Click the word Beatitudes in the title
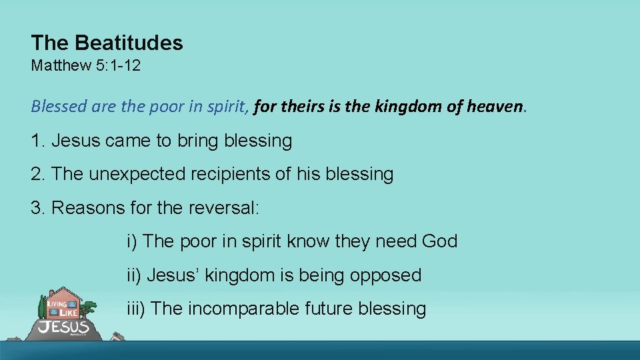coord(129,43)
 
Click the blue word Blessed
coord(55,106)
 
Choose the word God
coord(440,241)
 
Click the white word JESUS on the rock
coord(63,327)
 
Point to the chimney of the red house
coord(50,293)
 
